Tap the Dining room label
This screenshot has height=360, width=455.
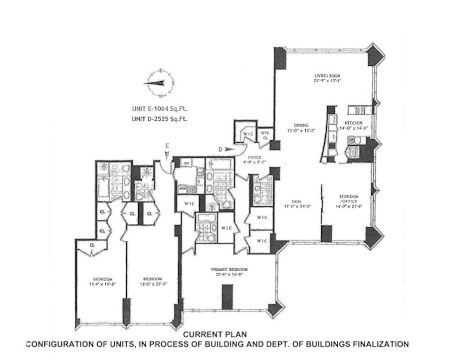point(301,125)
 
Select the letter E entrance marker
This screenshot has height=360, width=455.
point(168,146)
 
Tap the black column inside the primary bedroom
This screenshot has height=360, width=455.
point(227,297)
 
